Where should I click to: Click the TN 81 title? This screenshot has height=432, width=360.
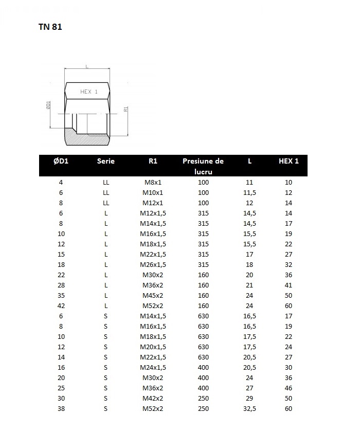[50, 27]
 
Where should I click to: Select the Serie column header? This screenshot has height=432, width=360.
[106, 161]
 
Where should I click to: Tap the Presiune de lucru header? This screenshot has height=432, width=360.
[203, 166]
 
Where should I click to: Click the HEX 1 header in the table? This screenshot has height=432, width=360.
[289, 161]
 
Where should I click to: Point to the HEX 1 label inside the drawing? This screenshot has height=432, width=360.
[89, 92]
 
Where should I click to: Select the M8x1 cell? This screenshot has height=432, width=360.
[153, 182]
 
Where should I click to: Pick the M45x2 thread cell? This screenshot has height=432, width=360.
[153, 295]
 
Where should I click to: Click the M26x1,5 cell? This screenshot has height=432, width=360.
[153, 264]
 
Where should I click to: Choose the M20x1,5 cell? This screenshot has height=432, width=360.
[153, 347]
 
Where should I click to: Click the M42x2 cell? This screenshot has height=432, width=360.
[153, 398]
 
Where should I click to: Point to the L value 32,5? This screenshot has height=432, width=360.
[249, 408]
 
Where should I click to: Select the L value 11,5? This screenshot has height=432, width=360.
[249, 192]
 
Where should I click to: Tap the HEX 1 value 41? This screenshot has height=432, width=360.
[289, 285]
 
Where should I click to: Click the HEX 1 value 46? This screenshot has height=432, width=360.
[289, 388]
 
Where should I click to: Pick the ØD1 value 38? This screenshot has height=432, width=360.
[61, 408]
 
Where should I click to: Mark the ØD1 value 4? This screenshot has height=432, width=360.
[61, 182]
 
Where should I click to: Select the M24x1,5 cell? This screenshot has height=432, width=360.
[153, 367]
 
